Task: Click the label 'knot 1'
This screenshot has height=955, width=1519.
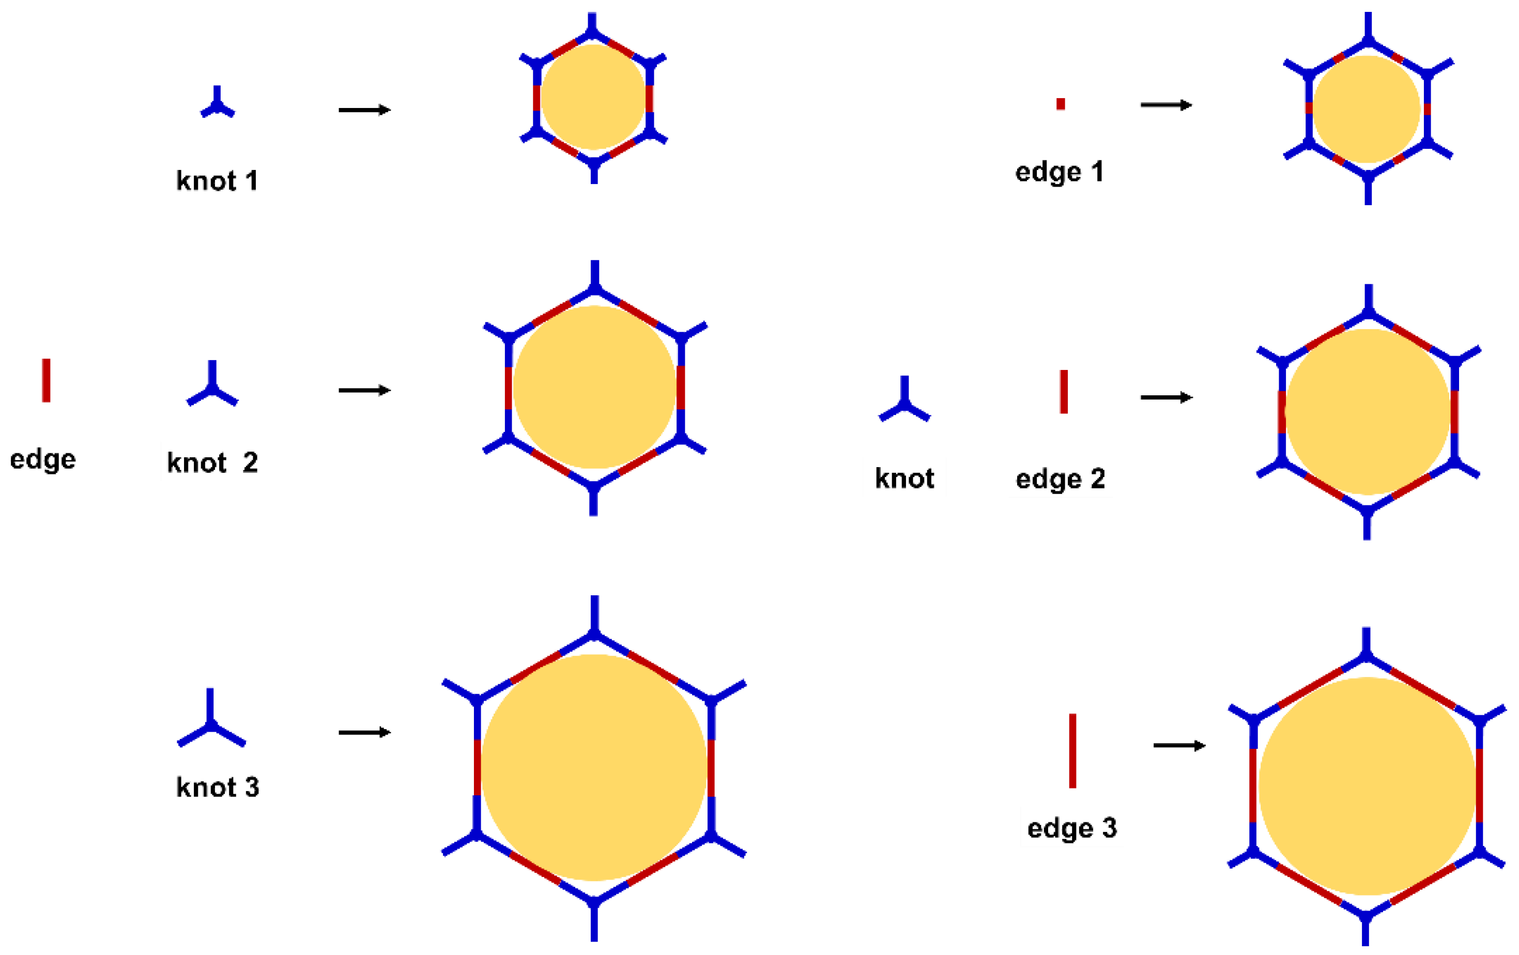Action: click(x=217, y=181)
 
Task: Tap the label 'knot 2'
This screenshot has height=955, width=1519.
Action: click(x=212, y=463)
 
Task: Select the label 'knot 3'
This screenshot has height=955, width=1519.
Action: click(x=218, y=787)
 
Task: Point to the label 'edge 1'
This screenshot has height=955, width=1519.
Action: click(x=1059, y=172)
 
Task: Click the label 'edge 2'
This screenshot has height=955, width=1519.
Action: click(x=1061, y=479)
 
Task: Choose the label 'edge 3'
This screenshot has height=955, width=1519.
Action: click(x=1072, y=827)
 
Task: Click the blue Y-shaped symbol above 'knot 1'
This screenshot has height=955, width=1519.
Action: click(x=217, y=104)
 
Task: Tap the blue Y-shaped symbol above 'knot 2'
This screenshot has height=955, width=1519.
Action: click(x=212, y=386)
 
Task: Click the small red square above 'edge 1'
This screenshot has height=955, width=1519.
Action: click(x=1061, y=104)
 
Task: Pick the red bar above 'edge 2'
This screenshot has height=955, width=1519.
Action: click(x=1064, y=392)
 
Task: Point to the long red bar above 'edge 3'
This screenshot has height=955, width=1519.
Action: click(x=1072, y=751)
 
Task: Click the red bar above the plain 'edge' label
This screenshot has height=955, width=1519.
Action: click(x=46, y=380)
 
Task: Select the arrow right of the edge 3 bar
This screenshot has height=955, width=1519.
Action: click(x=1179, y=746)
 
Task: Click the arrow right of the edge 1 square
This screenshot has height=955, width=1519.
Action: click(x=1166, y=105)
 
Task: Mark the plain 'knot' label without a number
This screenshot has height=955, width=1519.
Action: click(x=904, y=479)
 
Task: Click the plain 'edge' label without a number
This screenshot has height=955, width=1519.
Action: click(x=43, y=459)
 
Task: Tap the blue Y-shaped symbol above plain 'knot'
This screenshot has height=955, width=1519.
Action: click(x=904, y=401)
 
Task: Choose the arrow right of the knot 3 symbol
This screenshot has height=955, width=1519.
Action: click(x=364, y=732)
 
